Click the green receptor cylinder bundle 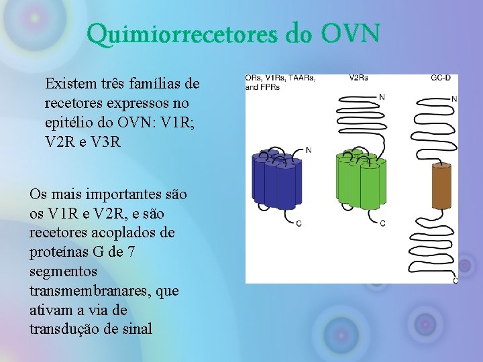point(360,179)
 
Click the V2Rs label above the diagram point(358,78)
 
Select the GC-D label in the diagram point(441,78)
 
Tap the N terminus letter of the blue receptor point(309,150)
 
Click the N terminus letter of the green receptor point(382,98)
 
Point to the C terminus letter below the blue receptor point(299,223)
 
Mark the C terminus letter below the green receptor point(382,223)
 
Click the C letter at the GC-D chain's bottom point(455,280)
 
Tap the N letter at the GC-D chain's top point(454,99)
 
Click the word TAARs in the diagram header point(303,78)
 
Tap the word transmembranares point(90,291)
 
